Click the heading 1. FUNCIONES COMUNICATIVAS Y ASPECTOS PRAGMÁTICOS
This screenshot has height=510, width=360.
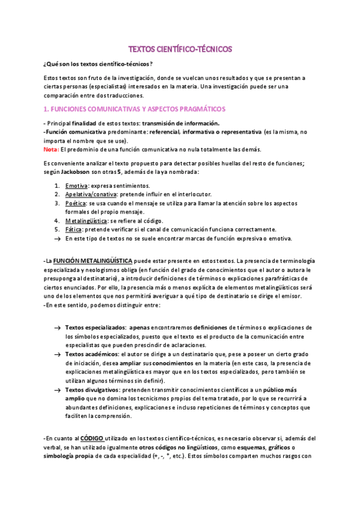[x=135, y=109]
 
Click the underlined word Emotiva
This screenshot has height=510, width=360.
[x=76, y=186]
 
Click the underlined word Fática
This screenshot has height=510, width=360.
[x=74, y=229]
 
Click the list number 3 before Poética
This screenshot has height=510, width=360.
[x=56, y=203]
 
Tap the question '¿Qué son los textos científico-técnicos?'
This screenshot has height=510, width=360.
[x=97, y=64]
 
